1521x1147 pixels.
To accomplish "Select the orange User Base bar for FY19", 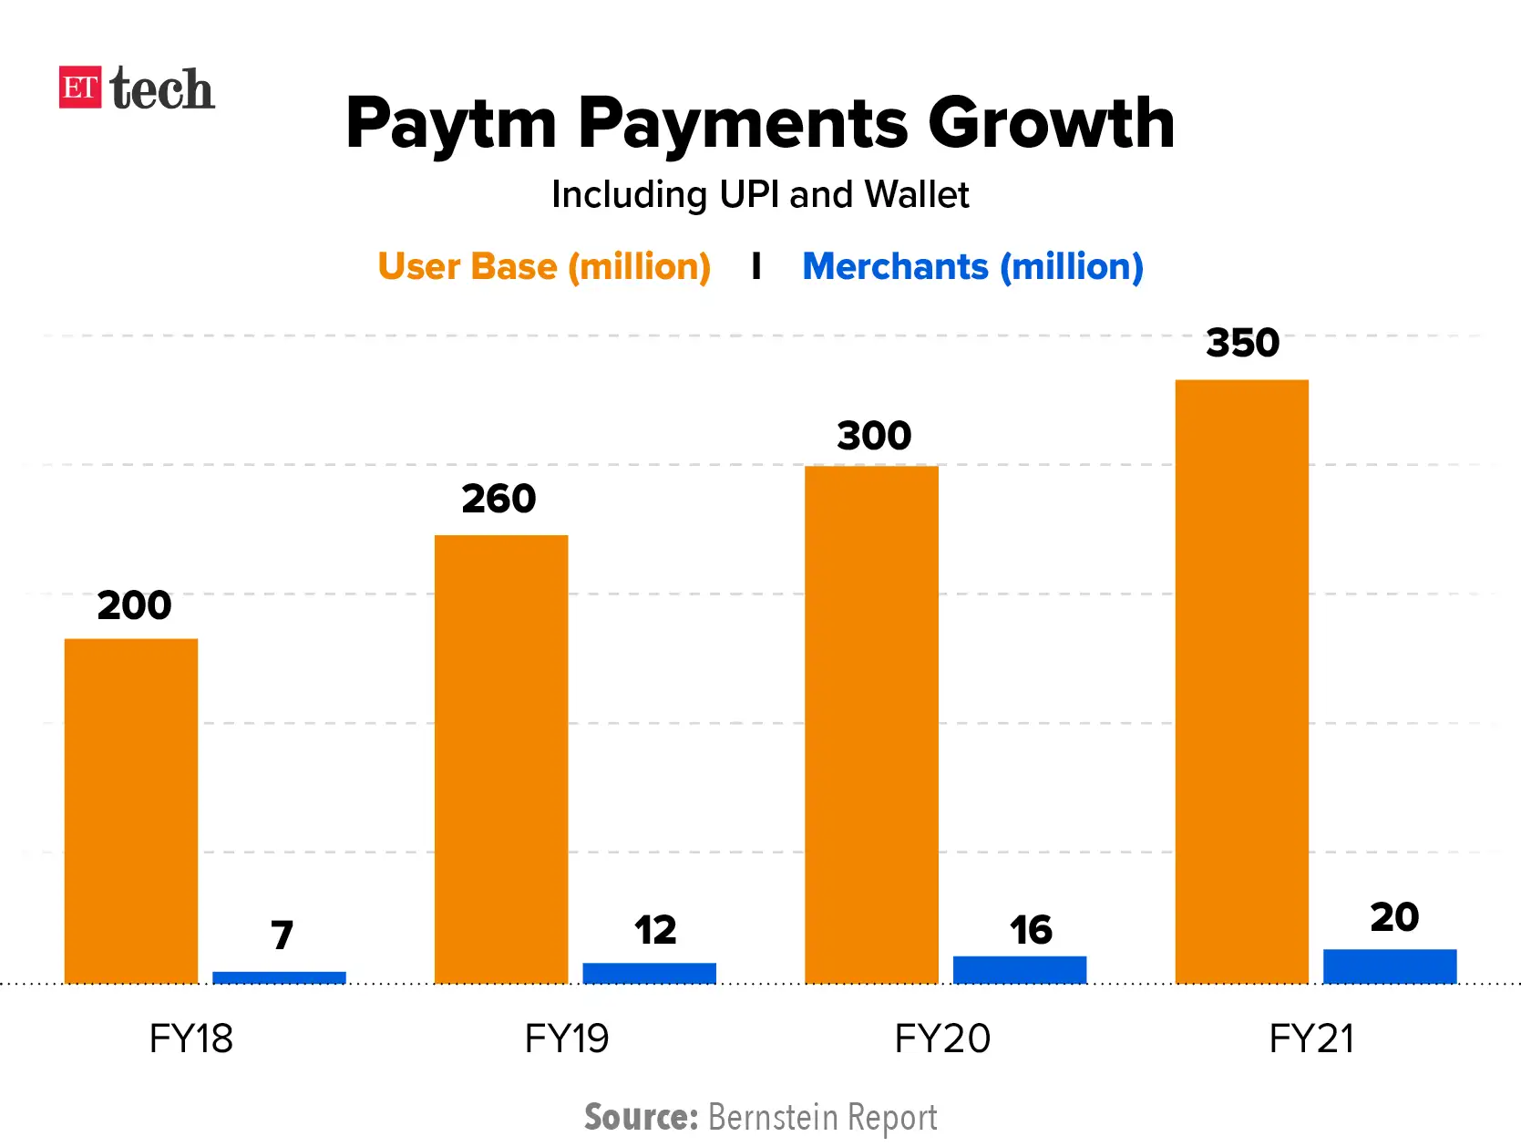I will point(501,759).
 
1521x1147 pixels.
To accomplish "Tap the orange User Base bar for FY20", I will point(871,724).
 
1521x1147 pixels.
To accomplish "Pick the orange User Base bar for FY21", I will point(1241,681).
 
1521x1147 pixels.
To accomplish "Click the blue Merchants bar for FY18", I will point(279,977).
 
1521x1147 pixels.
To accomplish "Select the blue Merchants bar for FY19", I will point(649,973).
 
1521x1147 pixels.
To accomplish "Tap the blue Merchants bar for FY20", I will point(1019,969).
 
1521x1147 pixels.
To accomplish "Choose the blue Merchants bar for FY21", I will point(1389,966).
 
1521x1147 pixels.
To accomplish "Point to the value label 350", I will point(1242,343).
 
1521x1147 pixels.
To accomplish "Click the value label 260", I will point(498,499).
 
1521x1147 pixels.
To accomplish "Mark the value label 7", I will point(282,935).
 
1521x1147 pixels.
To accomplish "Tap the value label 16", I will point(1030,930).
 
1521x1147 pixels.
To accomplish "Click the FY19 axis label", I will point(566,1038).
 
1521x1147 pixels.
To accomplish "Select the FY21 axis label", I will point(1310,1038).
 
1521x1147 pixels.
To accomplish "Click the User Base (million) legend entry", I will point(544,266).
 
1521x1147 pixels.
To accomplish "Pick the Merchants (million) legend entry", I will point(972,266).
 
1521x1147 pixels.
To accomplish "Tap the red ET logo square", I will point(79,88).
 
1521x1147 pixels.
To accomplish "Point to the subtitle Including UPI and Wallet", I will point(760,194).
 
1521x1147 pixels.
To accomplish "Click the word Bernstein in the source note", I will point(773,1117).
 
